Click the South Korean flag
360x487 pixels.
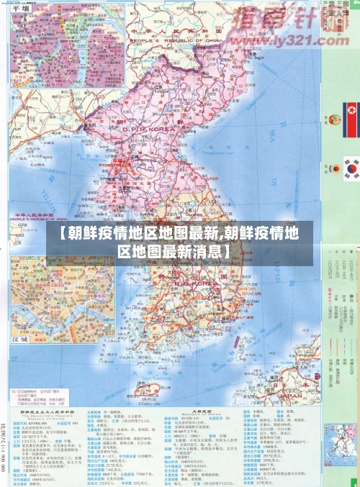click(351, 170)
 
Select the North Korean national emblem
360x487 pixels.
click(334, 114)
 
